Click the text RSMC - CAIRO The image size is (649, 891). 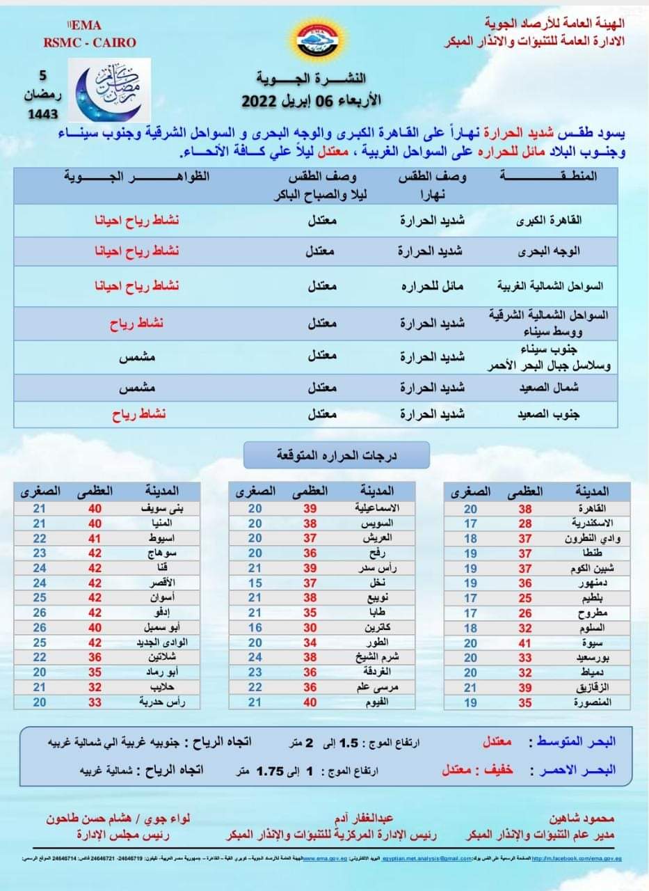pos(89,42)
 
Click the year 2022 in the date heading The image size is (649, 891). pos(260,100)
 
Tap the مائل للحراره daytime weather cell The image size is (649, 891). pos(431,285)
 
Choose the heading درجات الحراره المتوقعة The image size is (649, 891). pos(337,456)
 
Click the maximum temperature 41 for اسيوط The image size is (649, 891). pos(95,538)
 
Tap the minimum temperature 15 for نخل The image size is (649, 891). pos(255,583)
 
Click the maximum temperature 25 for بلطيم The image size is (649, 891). pos(525,598)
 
